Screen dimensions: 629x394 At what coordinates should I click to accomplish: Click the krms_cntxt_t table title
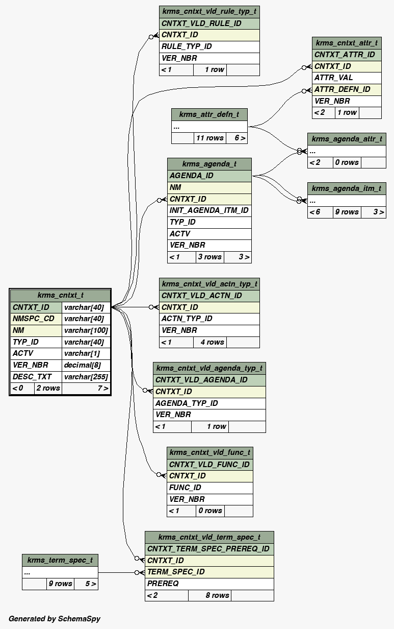click(60, 295)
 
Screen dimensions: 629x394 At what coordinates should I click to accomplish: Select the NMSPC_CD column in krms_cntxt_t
click(34, 319)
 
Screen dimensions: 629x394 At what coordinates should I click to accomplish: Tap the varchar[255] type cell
click(86, 377)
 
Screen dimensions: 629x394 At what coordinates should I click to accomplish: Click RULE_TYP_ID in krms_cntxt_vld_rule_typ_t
click(187, 46)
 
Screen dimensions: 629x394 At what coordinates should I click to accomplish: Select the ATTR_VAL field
click(333, 78)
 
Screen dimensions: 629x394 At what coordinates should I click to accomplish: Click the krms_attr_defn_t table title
click(209, 114)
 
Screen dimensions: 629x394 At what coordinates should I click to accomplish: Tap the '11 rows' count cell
click(209, 138)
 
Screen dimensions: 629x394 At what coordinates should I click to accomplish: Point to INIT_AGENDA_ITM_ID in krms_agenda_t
click(209, 210)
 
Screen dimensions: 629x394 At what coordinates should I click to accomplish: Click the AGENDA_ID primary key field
click(192, 176)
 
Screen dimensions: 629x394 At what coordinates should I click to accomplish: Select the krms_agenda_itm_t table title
click(347, 188)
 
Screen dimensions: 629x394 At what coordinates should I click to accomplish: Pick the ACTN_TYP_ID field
click(187, 319)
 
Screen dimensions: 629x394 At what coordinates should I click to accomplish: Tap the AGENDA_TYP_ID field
click(187, 403)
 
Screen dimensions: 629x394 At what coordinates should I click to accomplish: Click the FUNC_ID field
click(185, 488)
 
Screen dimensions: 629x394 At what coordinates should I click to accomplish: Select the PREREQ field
click(163, 584)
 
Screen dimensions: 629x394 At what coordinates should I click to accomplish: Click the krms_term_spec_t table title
click(60, 560)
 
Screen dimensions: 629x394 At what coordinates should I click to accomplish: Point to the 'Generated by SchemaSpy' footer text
click(55, 619)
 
